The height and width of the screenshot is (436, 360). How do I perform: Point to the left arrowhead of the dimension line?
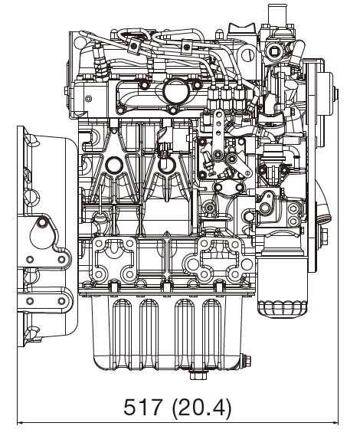[x=21, y=421]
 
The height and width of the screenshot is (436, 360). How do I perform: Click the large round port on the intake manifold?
[x=174, y=91]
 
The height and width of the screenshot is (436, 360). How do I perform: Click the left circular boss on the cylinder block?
[x=114, y=164]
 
